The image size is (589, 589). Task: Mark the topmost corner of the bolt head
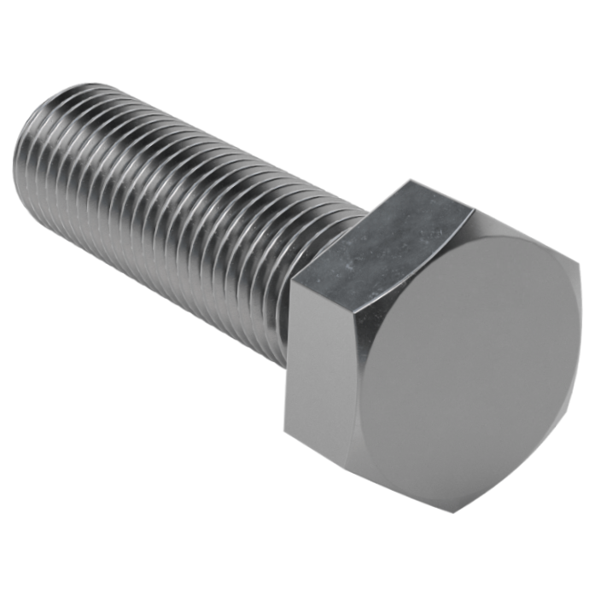click(x=410, y=182)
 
